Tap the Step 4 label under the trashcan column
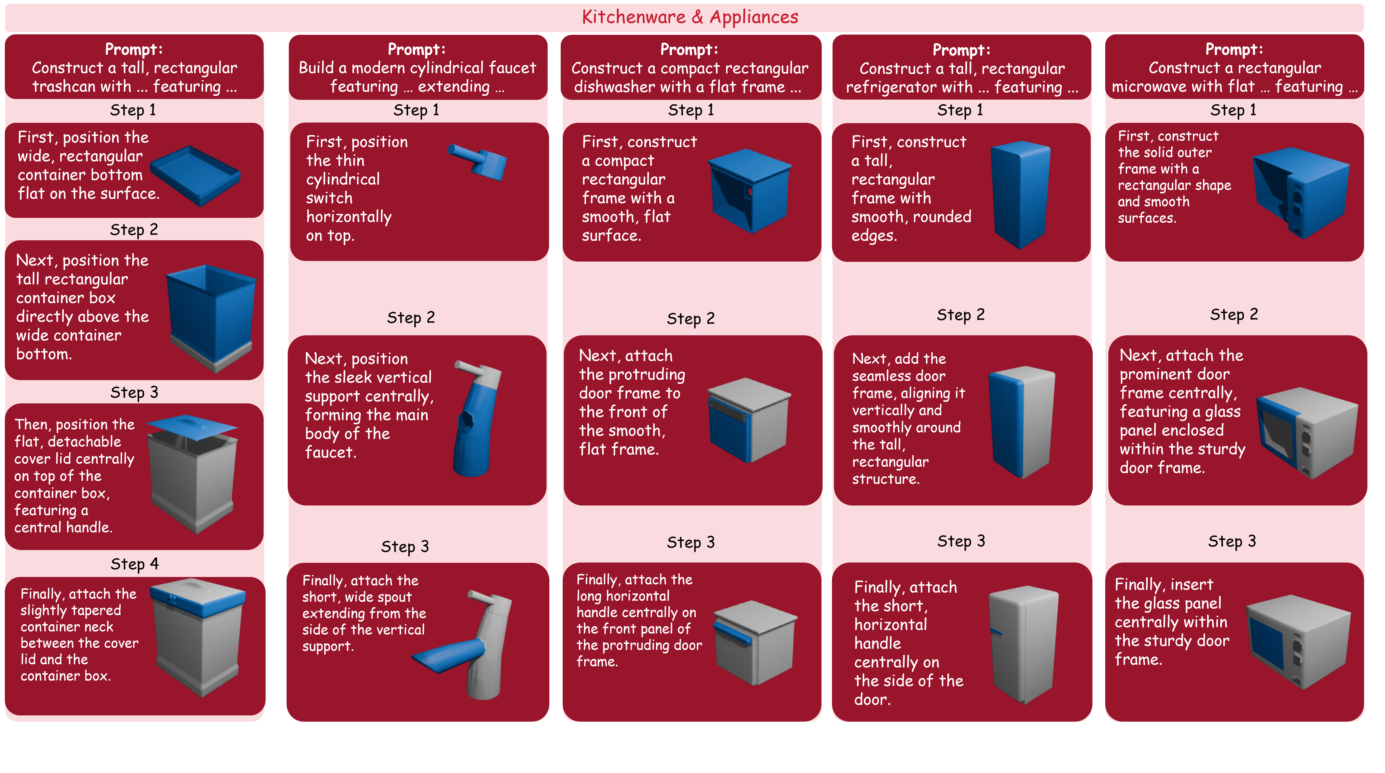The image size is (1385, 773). (134, 564)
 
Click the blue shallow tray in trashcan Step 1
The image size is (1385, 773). (195, 176)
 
